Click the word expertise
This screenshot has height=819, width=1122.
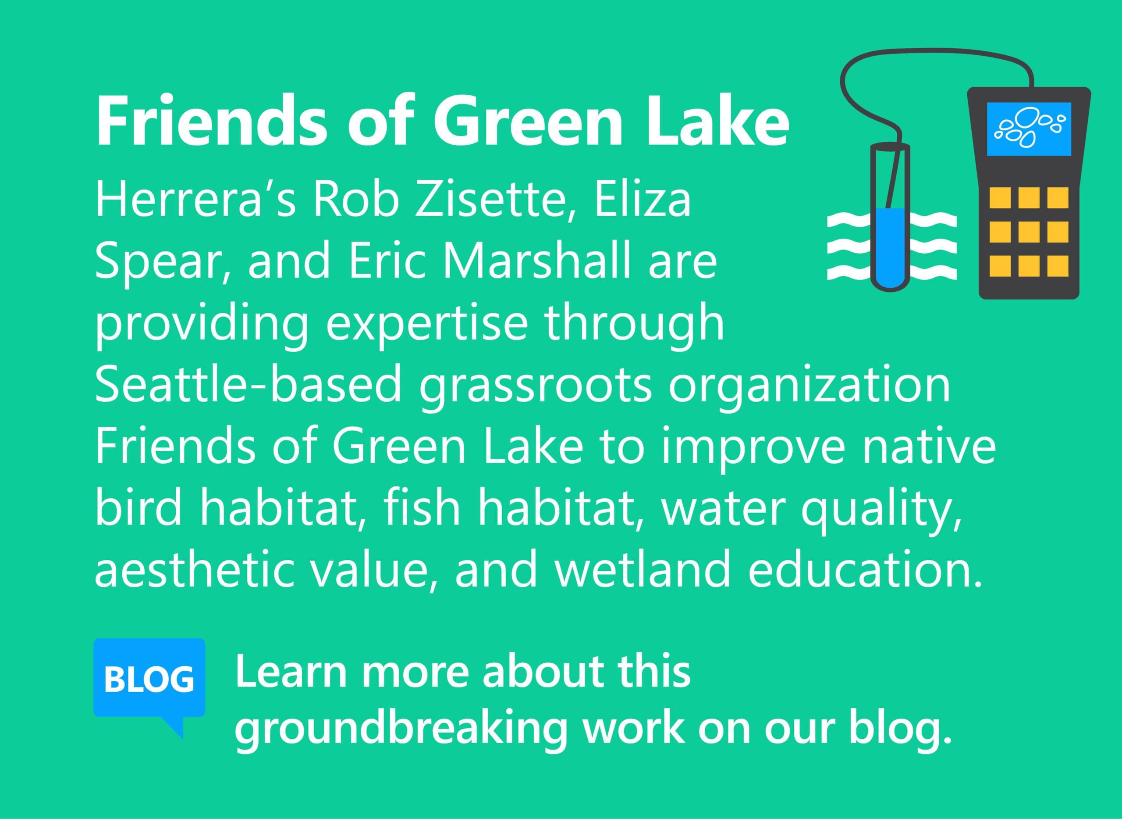[425, 325]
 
